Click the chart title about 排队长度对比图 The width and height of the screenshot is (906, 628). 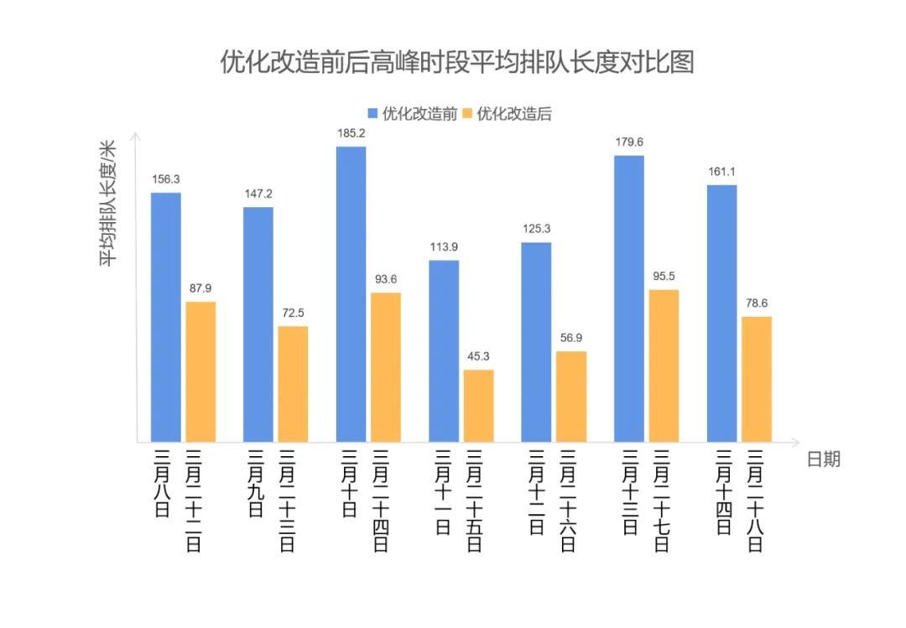tap(456, 62)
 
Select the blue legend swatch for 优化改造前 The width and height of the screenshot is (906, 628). tap(373, 114)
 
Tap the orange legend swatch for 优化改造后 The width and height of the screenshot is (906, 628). tap(468, 114)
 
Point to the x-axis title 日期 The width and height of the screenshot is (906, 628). tap(822, 459)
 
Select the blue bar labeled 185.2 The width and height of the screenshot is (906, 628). tap(351, 293)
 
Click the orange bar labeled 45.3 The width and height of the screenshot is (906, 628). tap(478, 406)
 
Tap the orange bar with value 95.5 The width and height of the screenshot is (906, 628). tap(664, 366)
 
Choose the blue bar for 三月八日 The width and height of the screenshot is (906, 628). tap(165, 317)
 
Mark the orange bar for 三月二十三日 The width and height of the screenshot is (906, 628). tap(293, 383)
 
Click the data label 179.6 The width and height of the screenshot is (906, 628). tap(629, 142)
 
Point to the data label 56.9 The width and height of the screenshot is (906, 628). tap(571, 338)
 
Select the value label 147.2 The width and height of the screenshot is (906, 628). tap(258, 194)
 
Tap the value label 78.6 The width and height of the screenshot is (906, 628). tap(757, 303)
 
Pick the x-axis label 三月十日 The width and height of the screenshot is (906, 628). tap(351, 484)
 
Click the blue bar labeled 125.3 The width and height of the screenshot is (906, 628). tap(536, 341)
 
